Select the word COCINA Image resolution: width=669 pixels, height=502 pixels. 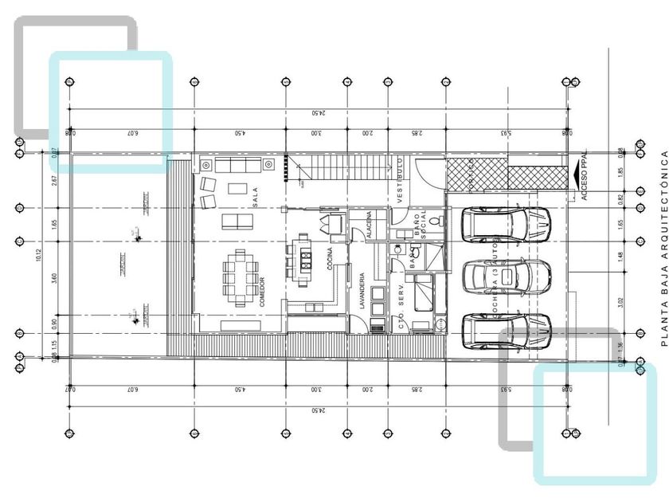tap(330, 260)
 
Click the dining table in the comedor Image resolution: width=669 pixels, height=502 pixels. tap(240, 277)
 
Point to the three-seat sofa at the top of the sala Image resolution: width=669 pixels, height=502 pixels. tap(239, 165)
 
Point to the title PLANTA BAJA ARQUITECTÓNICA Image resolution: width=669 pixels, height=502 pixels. tap(663, 248)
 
